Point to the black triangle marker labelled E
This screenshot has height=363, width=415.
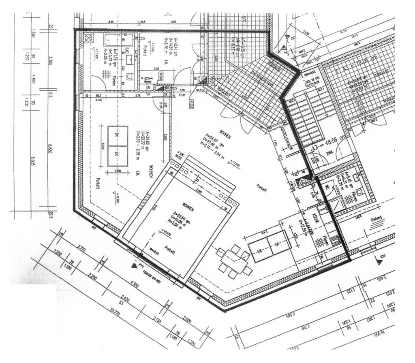coord(135,265)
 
